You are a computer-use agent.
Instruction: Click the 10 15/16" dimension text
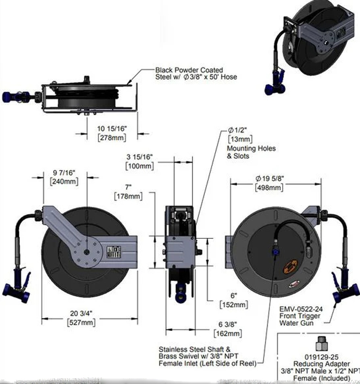112,129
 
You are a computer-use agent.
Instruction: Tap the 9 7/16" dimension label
63,172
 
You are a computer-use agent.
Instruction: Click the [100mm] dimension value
140,166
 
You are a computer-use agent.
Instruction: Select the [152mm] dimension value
234,305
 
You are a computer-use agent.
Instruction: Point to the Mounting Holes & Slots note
251,152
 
